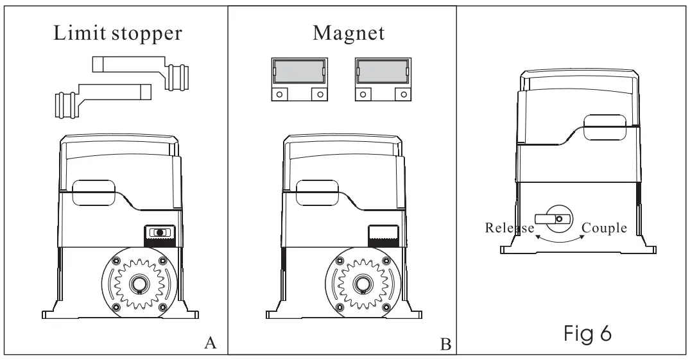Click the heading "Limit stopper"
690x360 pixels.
[x=117, y=33]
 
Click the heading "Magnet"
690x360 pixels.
[x=349, y=33]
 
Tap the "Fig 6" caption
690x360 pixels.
[x=587, y=333]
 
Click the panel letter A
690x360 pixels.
[x=211, y=343]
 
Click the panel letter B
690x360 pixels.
[x=445, y=344]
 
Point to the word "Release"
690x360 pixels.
[x=510, y=228]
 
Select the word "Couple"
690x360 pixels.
[x=604, y=228]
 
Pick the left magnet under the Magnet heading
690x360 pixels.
[x=299, y=79]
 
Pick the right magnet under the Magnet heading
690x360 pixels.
[x=383, y=79]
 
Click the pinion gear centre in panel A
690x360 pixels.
[x=139, y=284]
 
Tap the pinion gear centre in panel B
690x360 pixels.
[x=363, y=284]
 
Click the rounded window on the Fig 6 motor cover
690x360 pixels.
[x=605, y=127]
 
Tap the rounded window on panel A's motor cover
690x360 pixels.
[x=93, y=193]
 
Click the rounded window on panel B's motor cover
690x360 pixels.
[x=318, y=193]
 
